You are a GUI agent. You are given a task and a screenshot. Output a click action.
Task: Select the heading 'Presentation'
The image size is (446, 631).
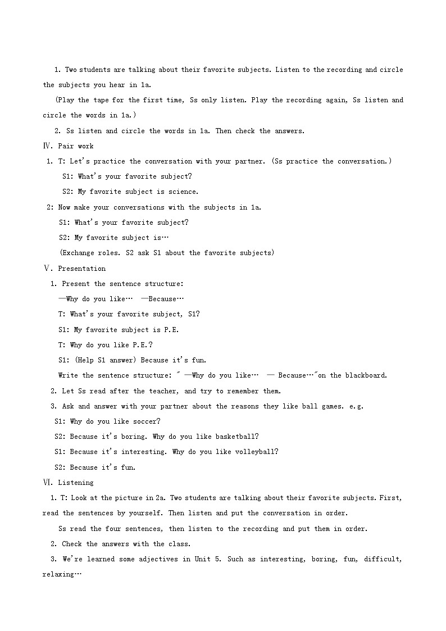[x=81, y=269]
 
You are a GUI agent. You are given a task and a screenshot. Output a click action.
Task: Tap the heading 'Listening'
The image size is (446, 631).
[x=75, y=483]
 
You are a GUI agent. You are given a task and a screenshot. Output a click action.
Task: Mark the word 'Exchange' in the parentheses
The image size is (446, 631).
[x=79, y=253]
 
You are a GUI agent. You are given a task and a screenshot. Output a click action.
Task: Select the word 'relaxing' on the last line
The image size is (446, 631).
[x=58, y=574]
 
